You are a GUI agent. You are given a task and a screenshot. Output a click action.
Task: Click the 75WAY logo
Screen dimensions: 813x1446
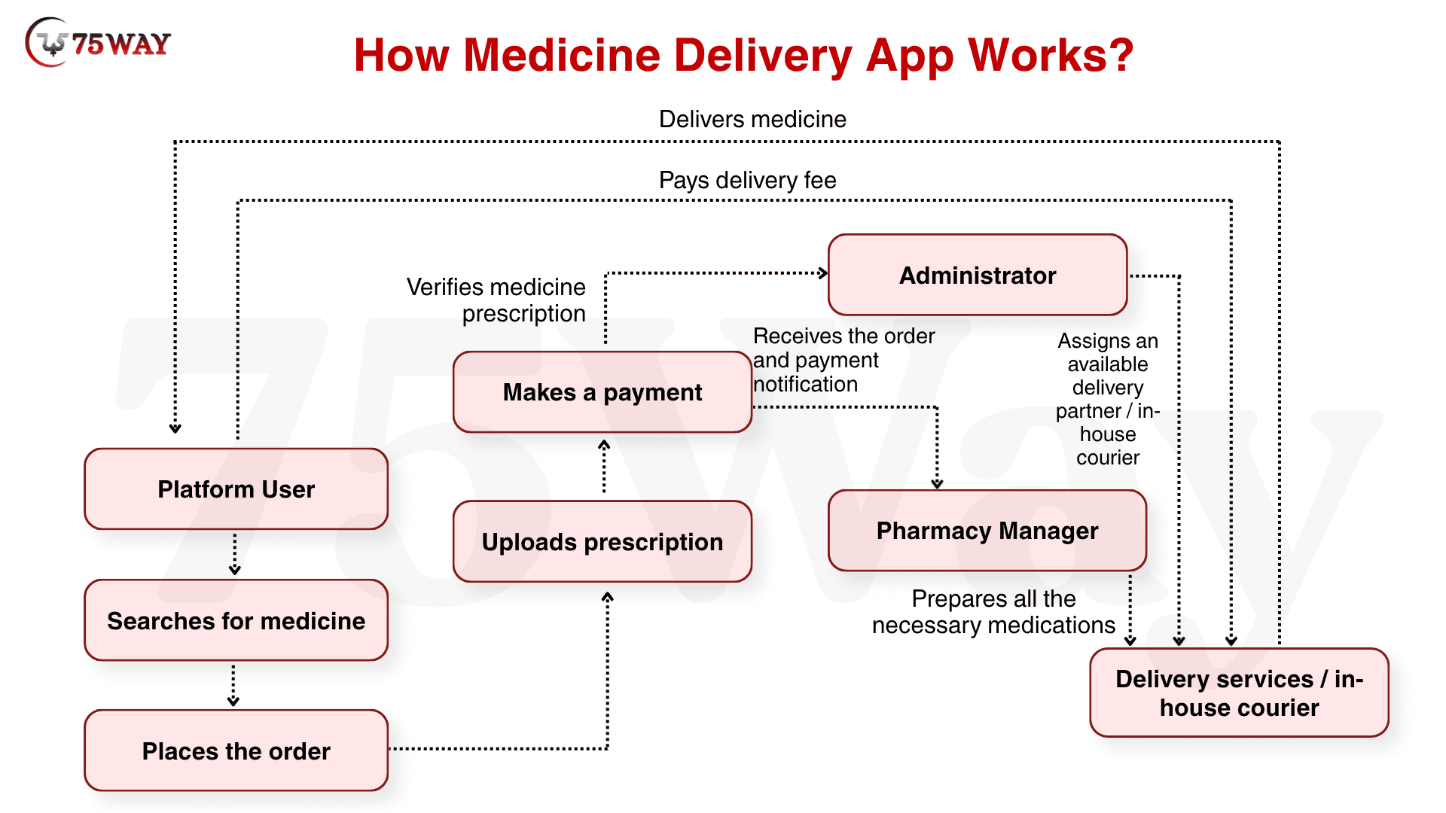pyautogui.click(x=98, y=43)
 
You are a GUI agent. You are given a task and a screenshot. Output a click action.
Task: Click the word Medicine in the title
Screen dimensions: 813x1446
pyautogui.click(x=562, y=55)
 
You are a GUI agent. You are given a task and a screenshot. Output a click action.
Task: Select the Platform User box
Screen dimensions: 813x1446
pyautogui.click(x=236, y=489)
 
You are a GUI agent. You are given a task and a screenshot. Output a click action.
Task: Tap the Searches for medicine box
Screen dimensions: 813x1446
pyautogui.click(x=236, y=621)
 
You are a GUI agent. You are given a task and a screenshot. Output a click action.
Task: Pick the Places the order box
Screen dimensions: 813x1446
pyautogui.click(x=236, y=751)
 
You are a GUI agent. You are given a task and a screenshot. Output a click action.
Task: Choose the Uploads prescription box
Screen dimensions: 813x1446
pyautogui.click(x=602, y=542)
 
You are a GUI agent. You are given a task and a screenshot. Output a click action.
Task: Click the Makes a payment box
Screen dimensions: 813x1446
pyautogui.click(x=602, y=392)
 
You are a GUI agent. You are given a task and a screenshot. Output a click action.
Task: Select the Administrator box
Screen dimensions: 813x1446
pyautogui.click(x=977, y=276)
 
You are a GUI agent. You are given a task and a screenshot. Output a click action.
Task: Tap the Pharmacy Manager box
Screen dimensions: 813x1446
pyautogui.click(x=987, y=531)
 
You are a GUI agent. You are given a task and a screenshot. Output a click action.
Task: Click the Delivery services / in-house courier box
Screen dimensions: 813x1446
pyautogui.click(x=1239, y=693)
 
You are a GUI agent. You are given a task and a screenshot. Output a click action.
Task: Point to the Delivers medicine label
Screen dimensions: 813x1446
pyautogui.click(x=752, y=119)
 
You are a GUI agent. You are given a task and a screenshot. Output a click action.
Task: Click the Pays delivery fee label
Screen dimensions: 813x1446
pyautogui.click(x=747, y=180)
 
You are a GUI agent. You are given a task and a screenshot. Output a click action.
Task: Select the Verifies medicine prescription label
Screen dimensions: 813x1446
pyautogui.click(x=497, y=300)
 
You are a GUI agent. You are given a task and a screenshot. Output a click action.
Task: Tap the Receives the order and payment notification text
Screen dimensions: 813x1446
pyautogui.click(x=836, y=360)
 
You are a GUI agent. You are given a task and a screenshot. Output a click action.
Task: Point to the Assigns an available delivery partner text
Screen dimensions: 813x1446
pyautogui.click(x=1107, y=399)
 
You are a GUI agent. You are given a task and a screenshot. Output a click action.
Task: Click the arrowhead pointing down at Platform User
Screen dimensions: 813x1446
pyautogui.click(x=175, y=428)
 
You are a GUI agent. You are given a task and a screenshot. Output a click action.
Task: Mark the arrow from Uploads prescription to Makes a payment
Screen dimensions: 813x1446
pyautogui.click(x=604, y=467)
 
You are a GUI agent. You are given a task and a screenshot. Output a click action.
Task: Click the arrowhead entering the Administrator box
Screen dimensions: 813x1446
pyautogui.click(x=822, y=273)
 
